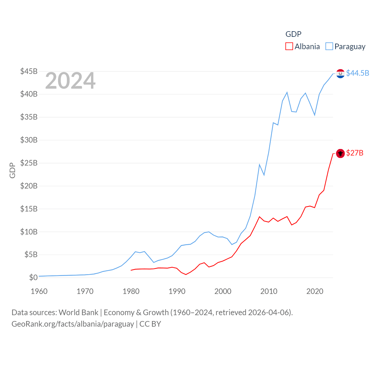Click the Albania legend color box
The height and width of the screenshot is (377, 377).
click(289, 47)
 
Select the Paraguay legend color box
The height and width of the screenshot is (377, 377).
click(329, 47)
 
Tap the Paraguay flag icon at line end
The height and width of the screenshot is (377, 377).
click(340, 73)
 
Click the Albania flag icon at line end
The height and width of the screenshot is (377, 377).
click(340, 153)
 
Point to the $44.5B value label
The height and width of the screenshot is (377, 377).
click(358, 73)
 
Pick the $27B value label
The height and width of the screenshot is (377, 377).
click(355, 153)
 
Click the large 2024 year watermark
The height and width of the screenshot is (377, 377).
click(70, 81)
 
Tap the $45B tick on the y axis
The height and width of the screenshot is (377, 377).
click(29, 71)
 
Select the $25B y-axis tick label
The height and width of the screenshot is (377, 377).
click(29, 163)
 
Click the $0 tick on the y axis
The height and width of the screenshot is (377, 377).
click(33, 277)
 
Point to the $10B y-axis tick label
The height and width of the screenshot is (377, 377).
click(29, 232)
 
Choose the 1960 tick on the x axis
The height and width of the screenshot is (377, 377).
click(39, 291)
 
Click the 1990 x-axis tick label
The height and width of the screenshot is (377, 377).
click(177, 291)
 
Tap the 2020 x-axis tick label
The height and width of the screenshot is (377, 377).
click(315, 291)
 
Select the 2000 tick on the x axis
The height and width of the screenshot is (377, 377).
click(223, 291)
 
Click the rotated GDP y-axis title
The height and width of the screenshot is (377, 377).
click(12, 170)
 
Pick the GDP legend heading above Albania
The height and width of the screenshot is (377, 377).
click(293, 34)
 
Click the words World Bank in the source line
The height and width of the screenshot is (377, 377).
click(78, 312)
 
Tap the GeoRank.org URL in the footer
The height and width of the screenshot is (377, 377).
click(73, 324)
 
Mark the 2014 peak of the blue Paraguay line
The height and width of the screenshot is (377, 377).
click(287, 92)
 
